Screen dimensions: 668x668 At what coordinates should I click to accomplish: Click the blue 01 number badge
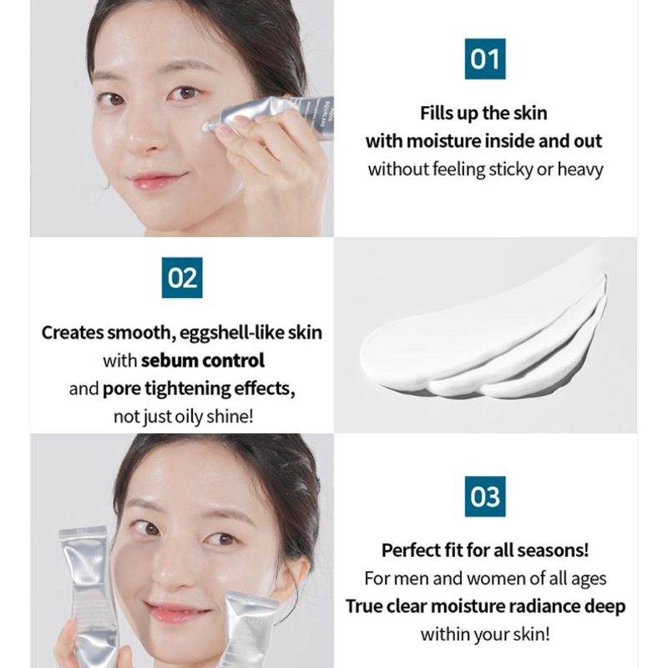(x=484, y=58)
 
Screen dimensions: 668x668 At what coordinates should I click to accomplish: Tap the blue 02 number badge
(x=182, y=278)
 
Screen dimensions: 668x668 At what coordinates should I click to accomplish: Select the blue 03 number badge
(x=484, y=497)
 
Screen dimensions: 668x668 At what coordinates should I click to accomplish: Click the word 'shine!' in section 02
(x=230, y=417)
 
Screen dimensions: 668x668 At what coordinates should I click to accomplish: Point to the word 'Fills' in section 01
(x=442, y=113)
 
